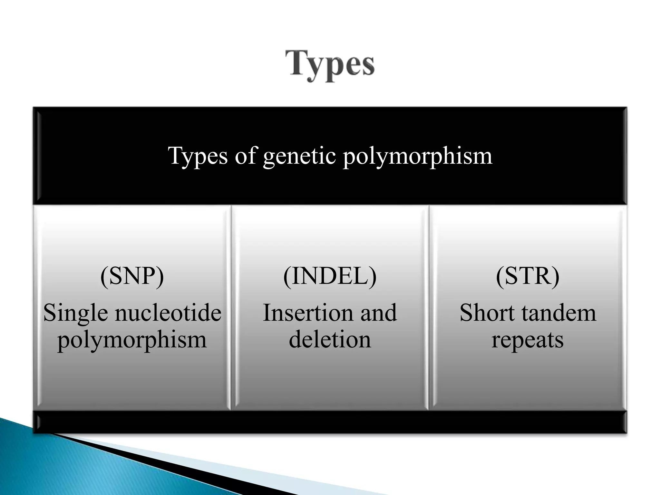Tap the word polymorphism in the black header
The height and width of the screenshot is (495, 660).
click(417, 156)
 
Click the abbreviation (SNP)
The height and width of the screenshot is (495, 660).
click(132, 276)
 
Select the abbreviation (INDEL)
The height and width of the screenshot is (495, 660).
click(330, 276)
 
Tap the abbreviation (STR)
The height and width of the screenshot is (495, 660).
click(528, 276)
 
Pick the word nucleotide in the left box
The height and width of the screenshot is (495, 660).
click(168, 313)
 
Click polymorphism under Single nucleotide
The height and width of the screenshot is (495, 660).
click(132, 340)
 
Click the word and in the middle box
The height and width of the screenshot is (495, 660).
click(378, 313)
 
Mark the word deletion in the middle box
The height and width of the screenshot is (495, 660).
click(330, 340)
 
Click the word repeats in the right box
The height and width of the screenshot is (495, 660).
click(528, 340)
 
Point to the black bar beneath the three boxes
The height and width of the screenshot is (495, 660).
click(330, 422)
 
